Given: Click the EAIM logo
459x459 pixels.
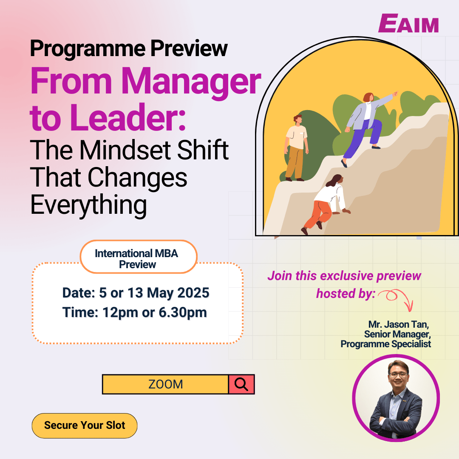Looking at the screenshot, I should [x=408, y=23].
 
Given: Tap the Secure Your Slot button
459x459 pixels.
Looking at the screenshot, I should [x=85, y=425].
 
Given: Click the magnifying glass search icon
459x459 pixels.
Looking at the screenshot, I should [x=241, y=384].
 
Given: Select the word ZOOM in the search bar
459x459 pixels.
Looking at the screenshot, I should [x=165, y=384].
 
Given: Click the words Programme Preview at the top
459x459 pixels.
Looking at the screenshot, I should [x=129, y=49].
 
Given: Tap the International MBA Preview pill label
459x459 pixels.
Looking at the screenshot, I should [x=137, y=259].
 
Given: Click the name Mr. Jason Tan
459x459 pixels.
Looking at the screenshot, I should [x=396, y=325].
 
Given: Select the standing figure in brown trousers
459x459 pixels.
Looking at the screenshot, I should [x=295, y=147].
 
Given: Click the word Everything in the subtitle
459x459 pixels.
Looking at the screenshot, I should [x=89, y=204].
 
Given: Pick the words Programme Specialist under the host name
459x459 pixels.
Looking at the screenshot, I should [x=385, y=344].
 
